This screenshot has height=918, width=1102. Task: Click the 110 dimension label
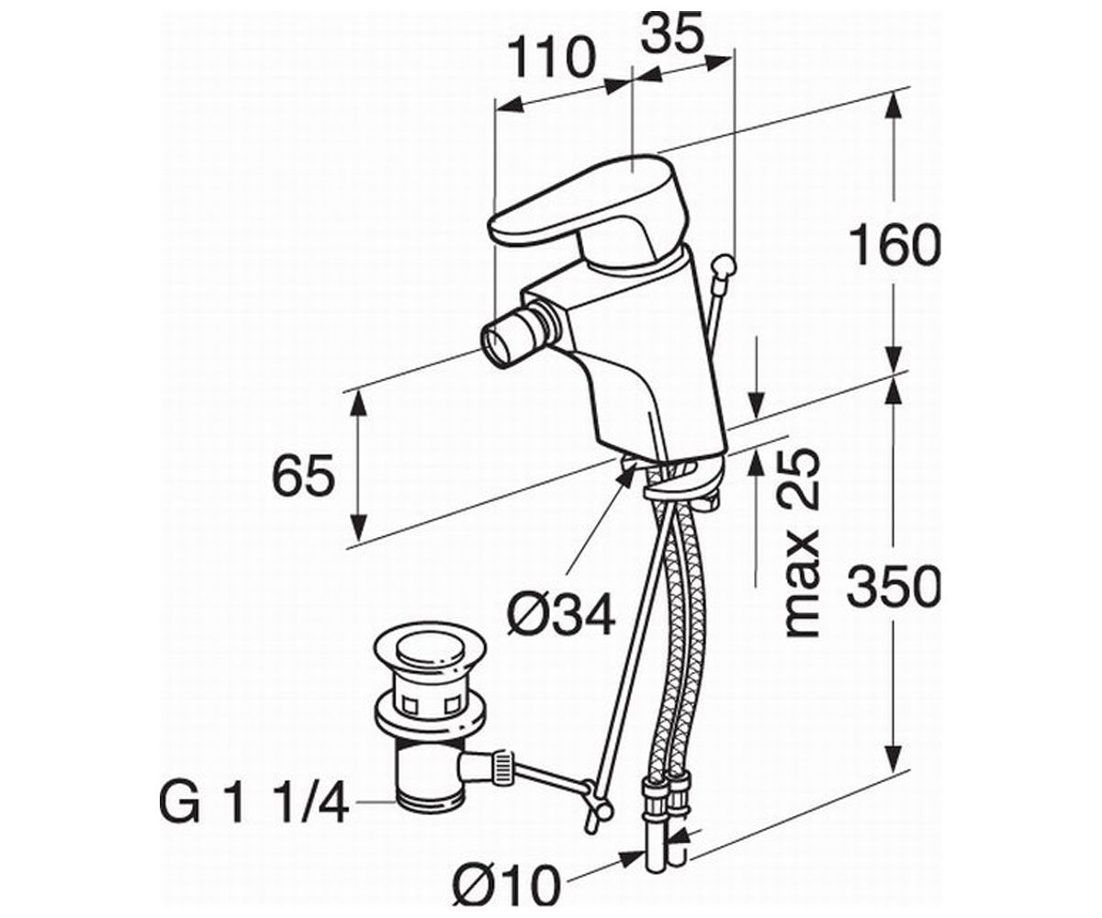pos(551,58)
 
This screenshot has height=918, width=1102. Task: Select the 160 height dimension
pos(895,245)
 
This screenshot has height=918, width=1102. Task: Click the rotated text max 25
pos(804,544)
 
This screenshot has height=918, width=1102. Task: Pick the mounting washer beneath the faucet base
pos(684,480)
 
